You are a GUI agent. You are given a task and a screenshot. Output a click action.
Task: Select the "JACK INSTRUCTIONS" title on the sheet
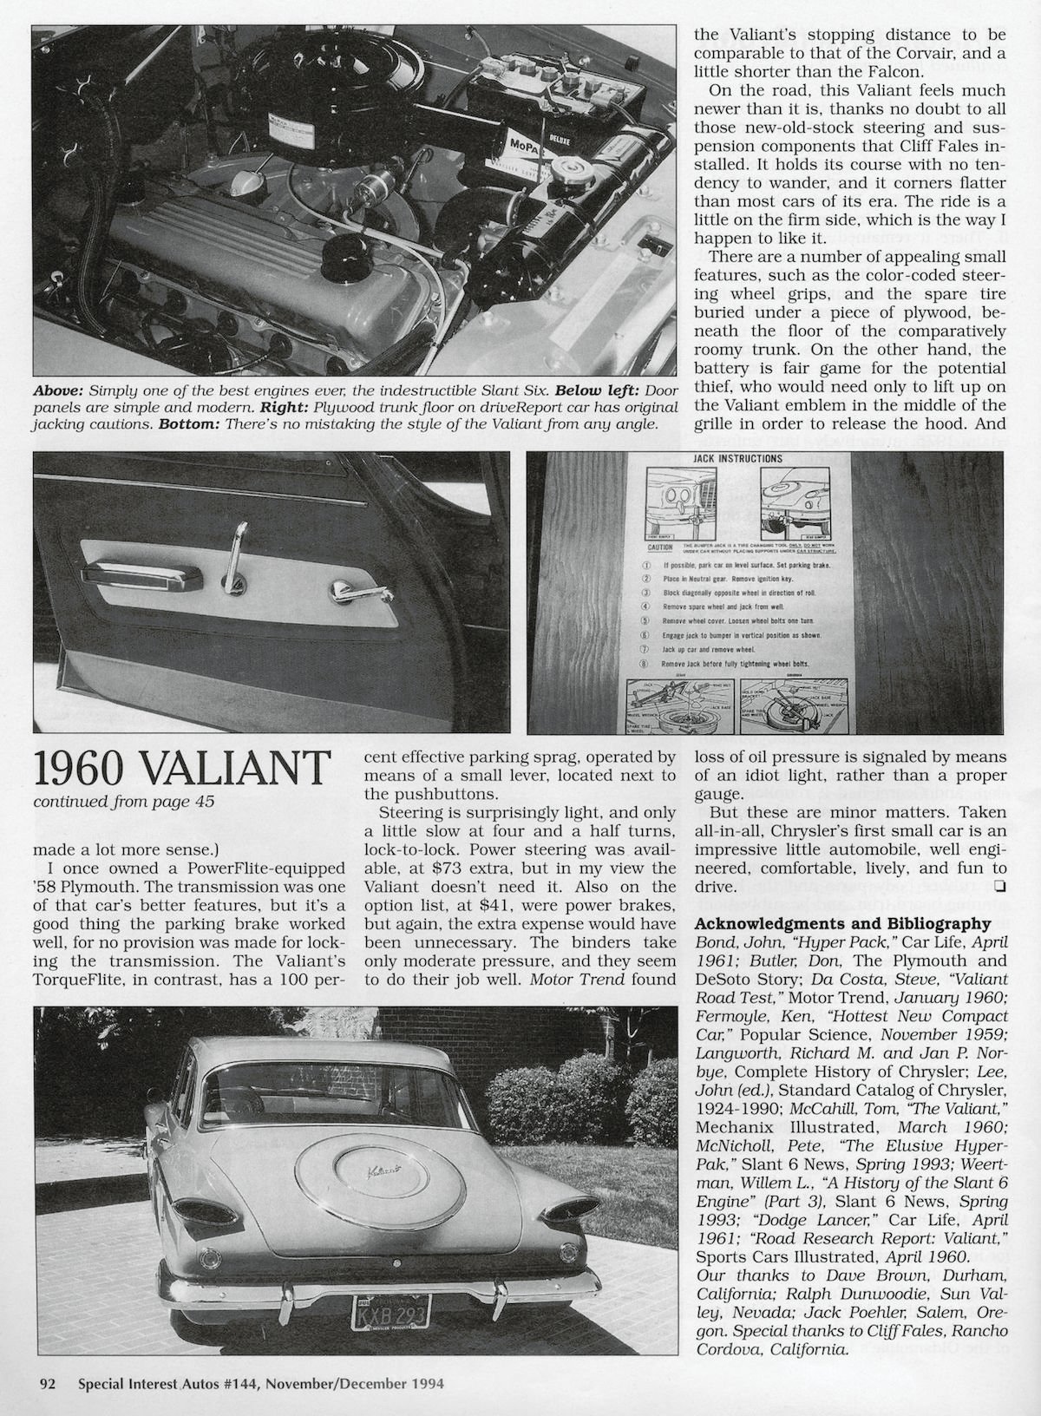coord(738,458)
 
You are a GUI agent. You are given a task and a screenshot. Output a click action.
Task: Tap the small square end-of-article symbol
coord(1000,886)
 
